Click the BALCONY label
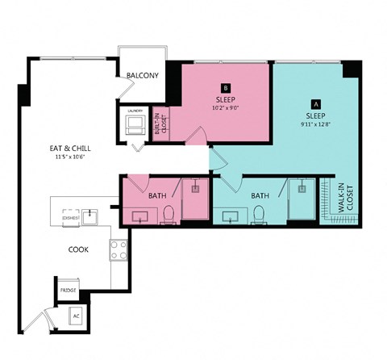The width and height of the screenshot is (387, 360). coord(142,76)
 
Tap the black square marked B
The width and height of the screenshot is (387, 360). coord(226,88)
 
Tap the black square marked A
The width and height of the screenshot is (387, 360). coord(315,103)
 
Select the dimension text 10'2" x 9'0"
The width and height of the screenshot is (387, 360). coord(226,107)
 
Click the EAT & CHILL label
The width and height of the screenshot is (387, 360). coord(69,149)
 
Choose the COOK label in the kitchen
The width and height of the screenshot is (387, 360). coord(78,249)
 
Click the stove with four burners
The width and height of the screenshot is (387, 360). coord(119,250)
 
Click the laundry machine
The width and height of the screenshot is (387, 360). coord(135,124)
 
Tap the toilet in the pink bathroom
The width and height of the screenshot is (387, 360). coord(169,214)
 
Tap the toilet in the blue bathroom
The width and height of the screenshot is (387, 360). coord(259,214)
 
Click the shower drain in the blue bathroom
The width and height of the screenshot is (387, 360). coord(302,188)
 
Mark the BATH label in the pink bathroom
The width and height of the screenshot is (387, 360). coord(157,195)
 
